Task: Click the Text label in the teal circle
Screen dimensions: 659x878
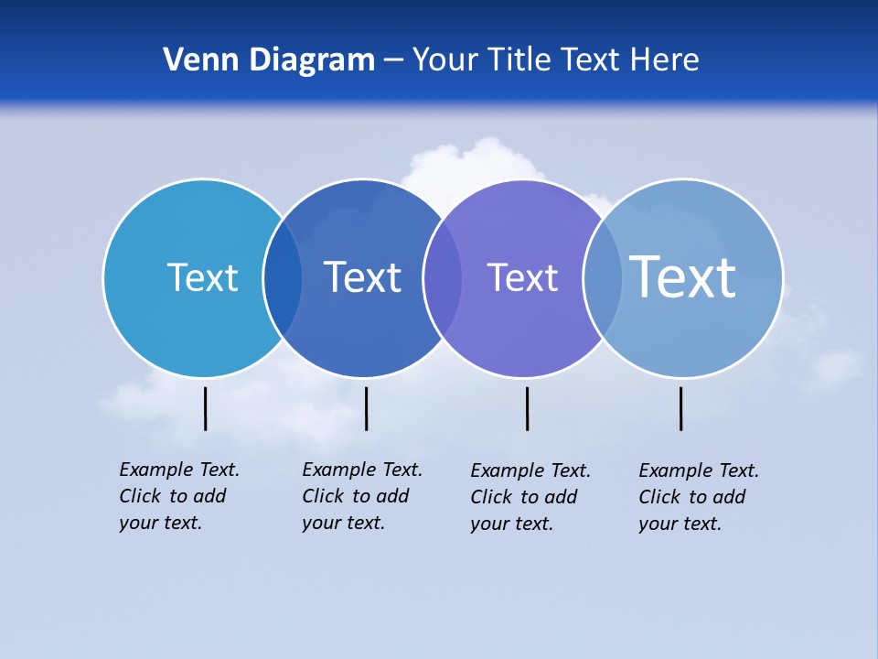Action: [202, 277]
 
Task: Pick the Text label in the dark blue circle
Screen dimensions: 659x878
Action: [362, 277]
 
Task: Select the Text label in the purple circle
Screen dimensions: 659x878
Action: [522, 277]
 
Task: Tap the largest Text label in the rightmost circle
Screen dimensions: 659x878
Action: [683, 276]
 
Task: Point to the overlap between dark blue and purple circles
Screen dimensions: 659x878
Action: [443, 277]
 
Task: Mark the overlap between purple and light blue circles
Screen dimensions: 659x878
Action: [603, 277]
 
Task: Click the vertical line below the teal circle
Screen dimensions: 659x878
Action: [206, 408]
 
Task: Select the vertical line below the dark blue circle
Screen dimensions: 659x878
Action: [366, 408]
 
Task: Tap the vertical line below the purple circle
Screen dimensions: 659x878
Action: [527, 408]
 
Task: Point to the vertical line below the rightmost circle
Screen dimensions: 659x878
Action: [680, 408]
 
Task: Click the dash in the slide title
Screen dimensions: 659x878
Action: [393, 61]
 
